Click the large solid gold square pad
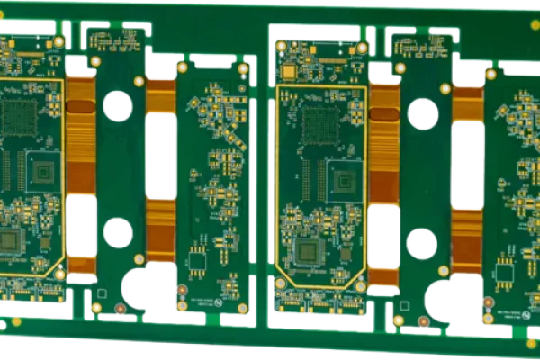289,70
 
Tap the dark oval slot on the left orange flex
80,108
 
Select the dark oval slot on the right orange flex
383,114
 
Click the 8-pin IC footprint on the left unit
197,262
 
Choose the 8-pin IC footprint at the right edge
505,269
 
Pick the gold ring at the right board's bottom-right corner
361,286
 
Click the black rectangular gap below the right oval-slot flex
383,236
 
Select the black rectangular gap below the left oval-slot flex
81,225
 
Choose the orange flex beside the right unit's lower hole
466,239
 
